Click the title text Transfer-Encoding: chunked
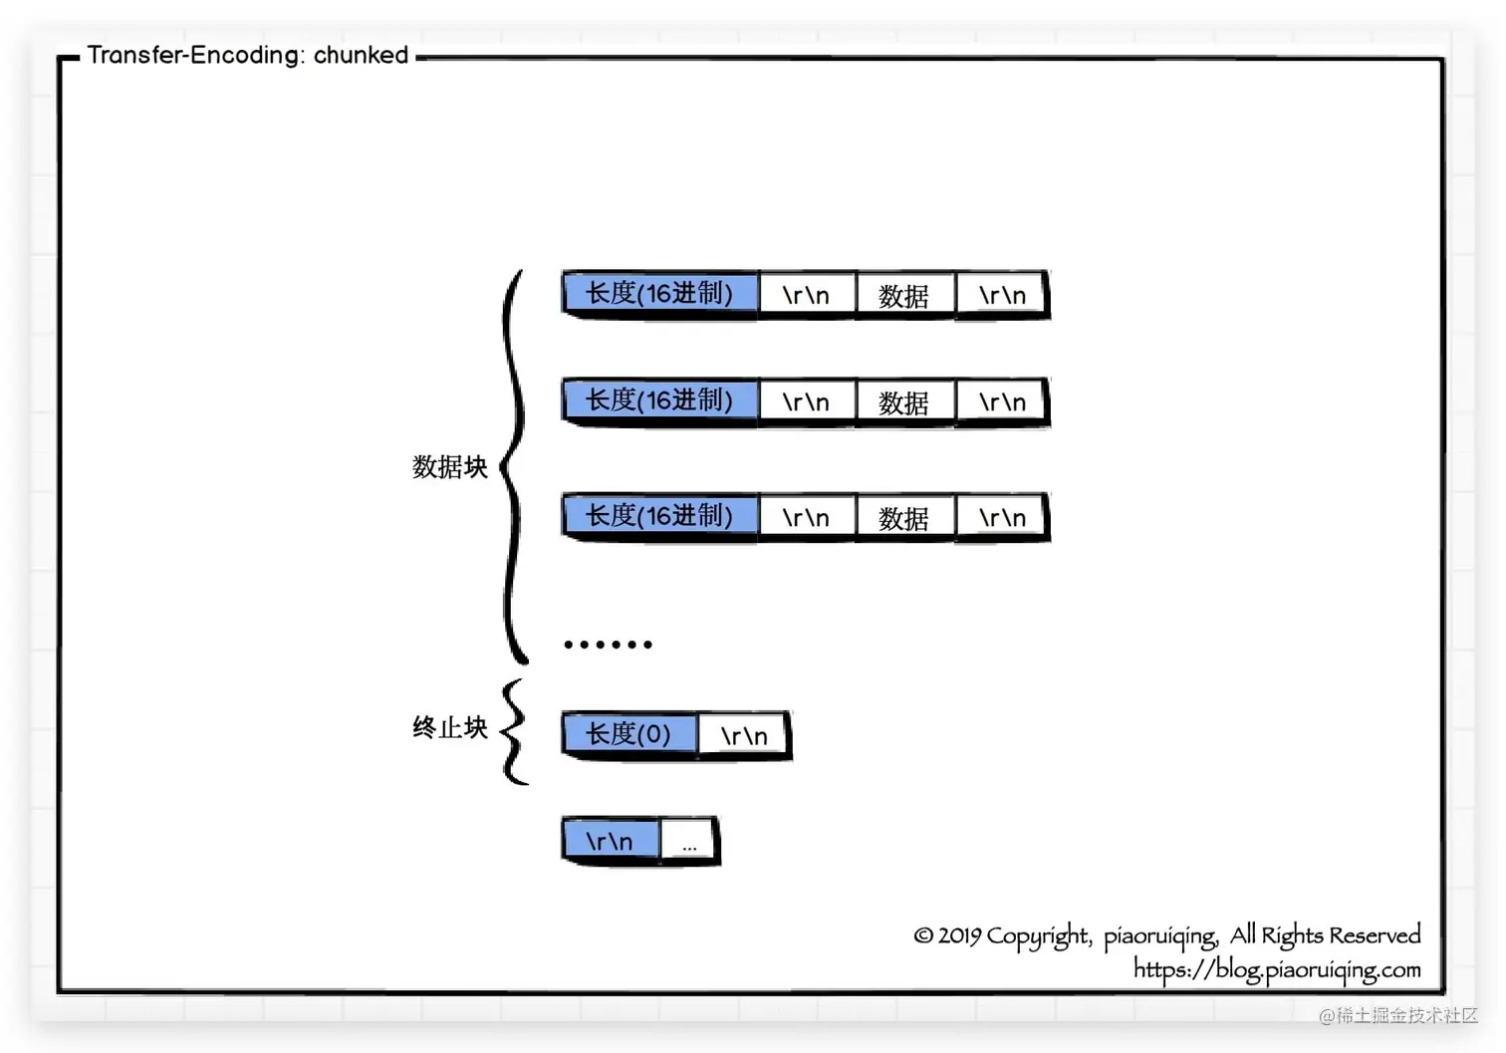click(247, 55)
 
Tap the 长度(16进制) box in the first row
click(659, 294)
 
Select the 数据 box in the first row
click(904, 296)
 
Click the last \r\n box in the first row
click(1002, 296)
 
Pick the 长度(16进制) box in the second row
click(659, 400)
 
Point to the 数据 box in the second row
click(904, 402)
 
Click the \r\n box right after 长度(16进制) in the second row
click(806, 402)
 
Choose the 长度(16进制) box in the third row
click(659, 516)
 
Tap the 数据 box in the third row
click(904, 518)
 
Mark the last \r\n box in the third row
click(1002, 518)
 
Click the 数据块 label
click(450, 466)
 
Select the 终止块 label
click(450, 728)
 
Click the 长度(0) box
click(628, 734)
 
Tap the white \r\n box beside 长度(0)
click(744, 736)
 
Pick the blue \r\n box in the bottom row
click(610, 841)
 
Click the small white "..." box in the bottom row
click(688, 843)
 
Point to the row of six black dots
click(608, 645)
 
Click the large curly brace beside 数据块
click(514, 466)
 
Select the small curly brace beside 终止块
click(513, 732)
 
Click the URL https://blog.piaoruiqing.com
click(1276, 969)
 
